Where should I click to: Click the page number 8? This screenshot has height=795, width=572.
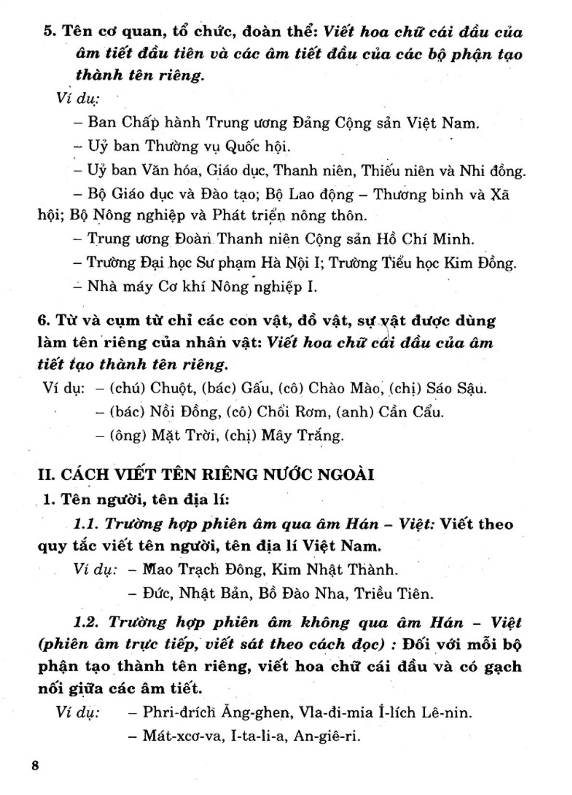[x=34, y=766]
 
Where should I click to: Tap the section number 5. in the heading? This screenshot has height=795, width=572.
[x=51, y=32]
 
